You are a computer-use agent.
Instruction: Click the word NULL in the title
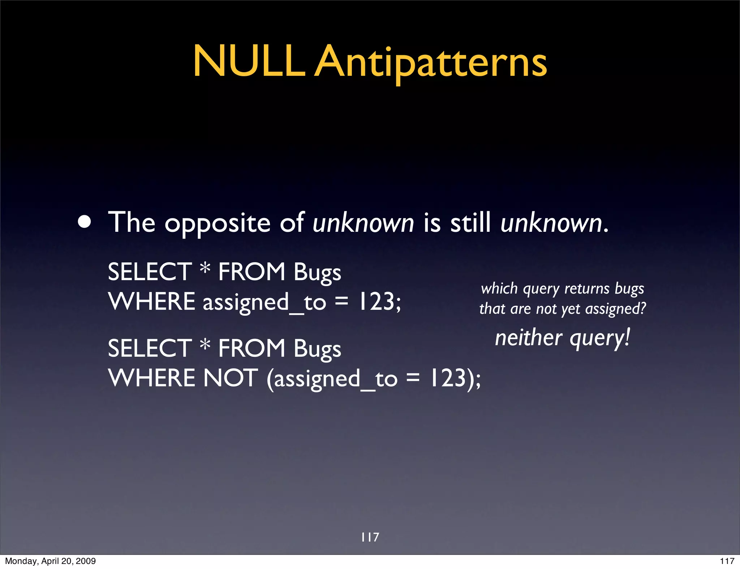(249, 61)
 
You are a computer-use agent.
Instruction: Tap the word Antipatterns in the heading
(431, 63)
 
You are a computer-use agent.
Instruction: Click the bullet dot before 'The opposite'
(85, 222)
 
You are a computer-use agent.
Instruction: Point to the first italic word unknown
(363, 223)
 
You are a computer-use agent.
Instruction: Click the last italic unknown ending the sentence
(551, 223)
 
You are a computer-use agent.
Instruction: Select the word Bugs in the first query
(317, 273)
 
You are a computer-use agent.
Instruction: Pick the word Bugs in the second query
(317, 349)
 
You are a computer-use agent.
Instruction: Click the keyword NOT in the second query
(231, 378)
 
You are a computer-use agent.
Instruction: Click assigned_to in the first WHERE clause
(264, 303)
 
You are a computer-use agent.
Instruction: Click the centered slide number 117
(370, 537)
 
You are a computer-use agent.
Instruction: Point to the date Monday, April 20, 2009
(50, 561)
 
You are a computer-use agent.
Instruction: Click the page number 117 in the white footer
(727, 561)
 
